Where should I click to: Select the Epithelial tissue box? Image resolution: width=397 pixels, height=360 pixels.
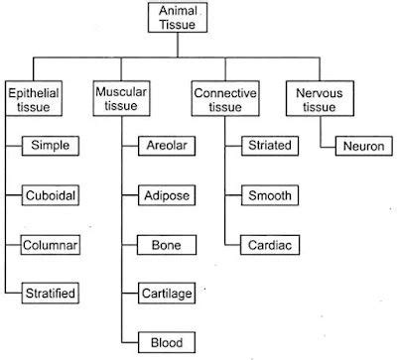coord(34,98)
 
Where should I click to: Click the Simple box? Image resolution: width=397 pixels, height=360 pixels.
coord(51,146)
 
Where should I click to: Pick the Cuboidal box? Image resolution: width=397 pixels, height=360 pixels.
coord(51,194)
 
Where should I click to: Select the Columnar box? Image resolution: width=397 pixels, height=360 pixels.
coord(51,243)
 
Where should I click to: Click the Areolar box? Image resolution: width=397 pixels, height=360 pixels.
coord(164,146)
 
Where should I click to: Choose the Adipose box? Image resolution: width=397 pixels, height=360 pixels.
coord(164,194)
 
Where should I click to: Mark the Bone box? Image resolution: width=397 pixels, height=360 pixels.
coord(164,243)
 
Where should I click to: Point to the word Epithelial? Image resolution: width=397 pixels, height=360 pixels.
coord(34,91)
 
